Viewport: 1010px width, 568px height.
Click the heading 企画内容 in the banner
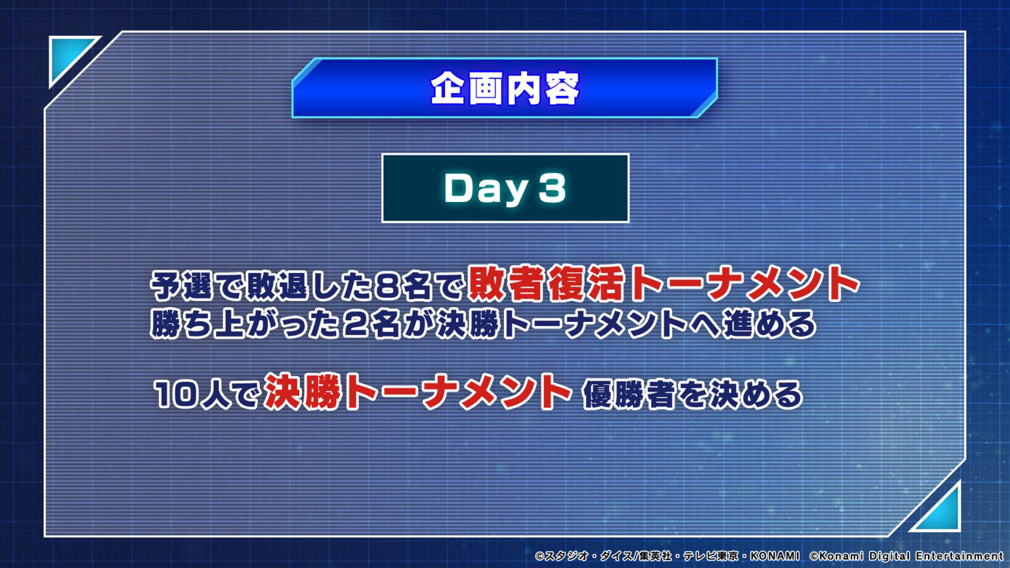505,89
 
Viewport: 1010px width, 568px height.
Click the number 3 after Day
552,188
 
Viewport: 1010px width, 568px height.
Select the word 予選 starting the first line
181,286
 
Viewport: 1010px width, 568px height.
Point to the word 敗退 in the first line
278,286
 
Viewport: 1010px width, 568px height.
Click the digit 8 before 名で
387,287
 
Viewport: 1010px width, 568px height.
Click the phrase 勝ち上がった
244,324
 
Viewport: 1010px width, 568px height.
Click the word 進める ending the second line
769,324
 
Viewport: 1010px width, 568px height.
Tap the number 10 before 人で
177,394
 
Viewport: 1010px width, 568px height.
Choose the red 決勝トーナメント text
418,392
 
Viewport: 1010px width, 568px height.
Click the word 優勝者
629,395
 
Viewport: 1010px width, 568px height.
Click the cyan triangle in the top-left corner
68,56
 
